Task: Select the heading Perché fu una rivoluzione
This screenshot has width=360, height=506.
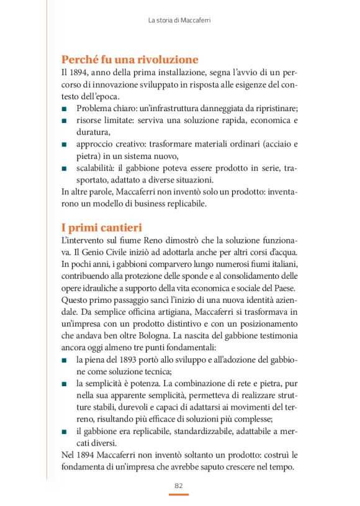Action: [130, 60]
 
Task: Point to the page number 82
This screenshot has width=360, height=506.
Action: [179, 486]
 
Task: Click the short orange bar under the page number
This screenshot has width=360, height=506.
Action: [179, 495]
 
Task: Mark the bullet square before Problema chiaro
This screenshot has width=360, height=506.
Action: [65, 109]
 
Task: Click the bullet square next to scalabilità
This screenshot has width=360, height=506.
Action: [65, 168]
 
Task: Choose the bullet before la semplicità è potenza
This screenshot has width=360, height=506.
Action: [65, 384]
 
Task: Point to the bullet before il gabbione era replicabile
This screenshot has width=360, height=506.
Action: [65, 431]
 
